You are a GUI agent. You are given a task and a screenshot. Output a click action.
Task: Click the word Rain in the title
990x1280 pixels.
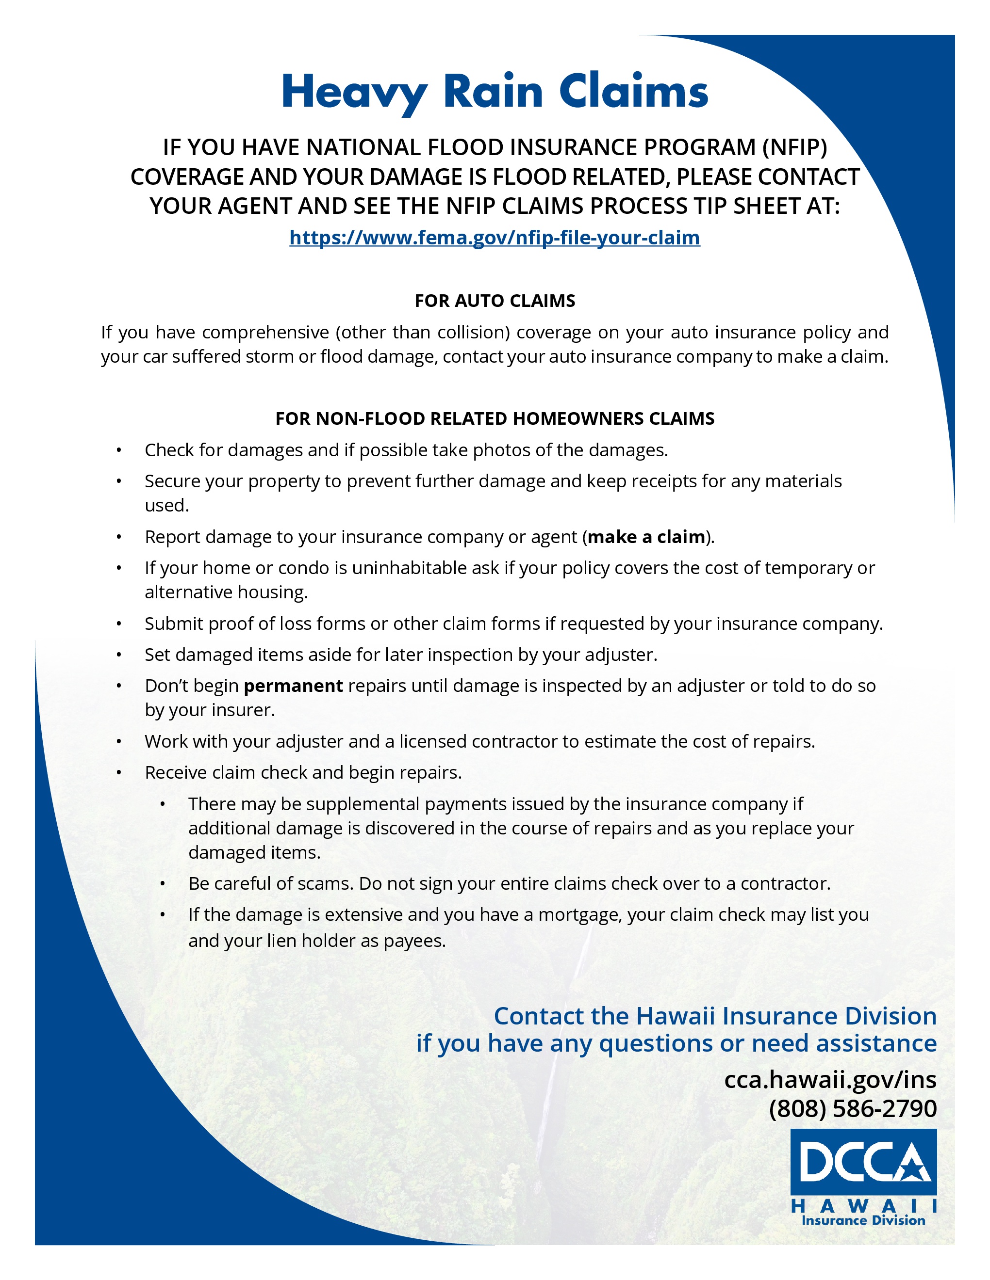493,92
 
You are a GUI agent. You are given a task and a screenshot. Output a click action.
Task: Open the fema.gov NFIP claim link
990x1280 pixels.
495,238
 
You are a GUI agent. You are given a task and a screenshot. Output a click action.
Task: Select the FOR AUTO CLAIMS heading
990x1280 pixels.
495,301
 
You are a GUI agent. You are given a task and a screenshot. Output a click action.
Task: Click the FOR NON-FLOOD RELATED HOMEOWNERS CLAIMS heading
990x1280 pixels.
495,418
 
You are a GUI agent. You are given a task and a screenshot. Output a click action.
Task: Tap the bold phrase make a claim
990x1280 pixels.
646,537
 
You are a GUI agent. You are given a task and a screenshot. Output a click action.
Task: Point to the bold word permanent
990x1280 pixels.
293,686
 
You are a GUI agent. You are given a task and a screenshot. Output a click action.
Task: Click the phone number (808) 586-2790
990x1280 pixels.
852,1108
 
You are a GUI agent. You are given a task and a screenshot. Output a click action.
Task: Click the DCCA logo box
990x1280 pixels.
863,1162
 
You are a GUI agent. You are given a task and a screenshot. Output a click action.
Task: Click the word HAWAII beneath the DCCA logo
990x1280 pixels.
863,1206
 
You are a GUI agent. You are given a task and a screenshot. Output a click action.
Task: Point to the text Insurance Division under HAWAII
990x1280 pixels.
863,1221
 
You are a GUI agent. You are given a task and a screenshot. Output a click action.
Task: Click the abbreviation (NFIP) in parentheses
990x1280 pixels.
795,147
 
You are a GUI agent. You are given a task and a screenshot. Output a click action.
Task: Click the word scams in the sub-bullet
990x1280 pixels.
324,883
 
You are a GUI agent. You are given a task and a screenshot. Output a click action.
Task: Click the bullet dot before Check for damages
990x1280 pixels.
118,450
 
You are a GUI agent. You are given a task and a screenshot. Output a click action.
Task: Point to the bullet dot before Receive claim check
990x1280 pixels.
118,772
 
